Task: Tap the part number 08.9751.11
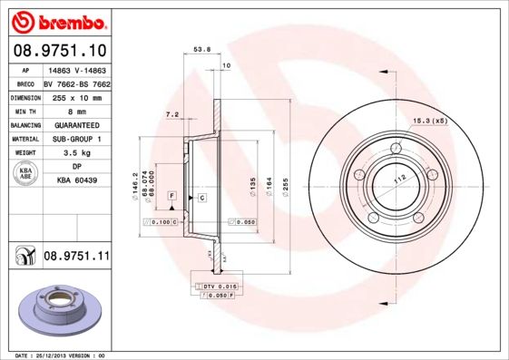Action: click(x=76, y=257)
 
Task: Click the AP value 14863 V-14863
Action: click(x=76, y=69)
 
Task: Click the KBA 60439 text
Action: click(x=76, y=180)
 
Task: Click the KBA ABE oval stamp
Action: click(x=24, y=173)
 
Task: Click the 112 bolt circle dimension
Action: click(x=396, y=180)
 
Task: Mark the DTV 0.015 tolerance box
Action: click(x=219, y=286)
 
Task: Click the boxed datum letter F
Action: click(x=171, y=196)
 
